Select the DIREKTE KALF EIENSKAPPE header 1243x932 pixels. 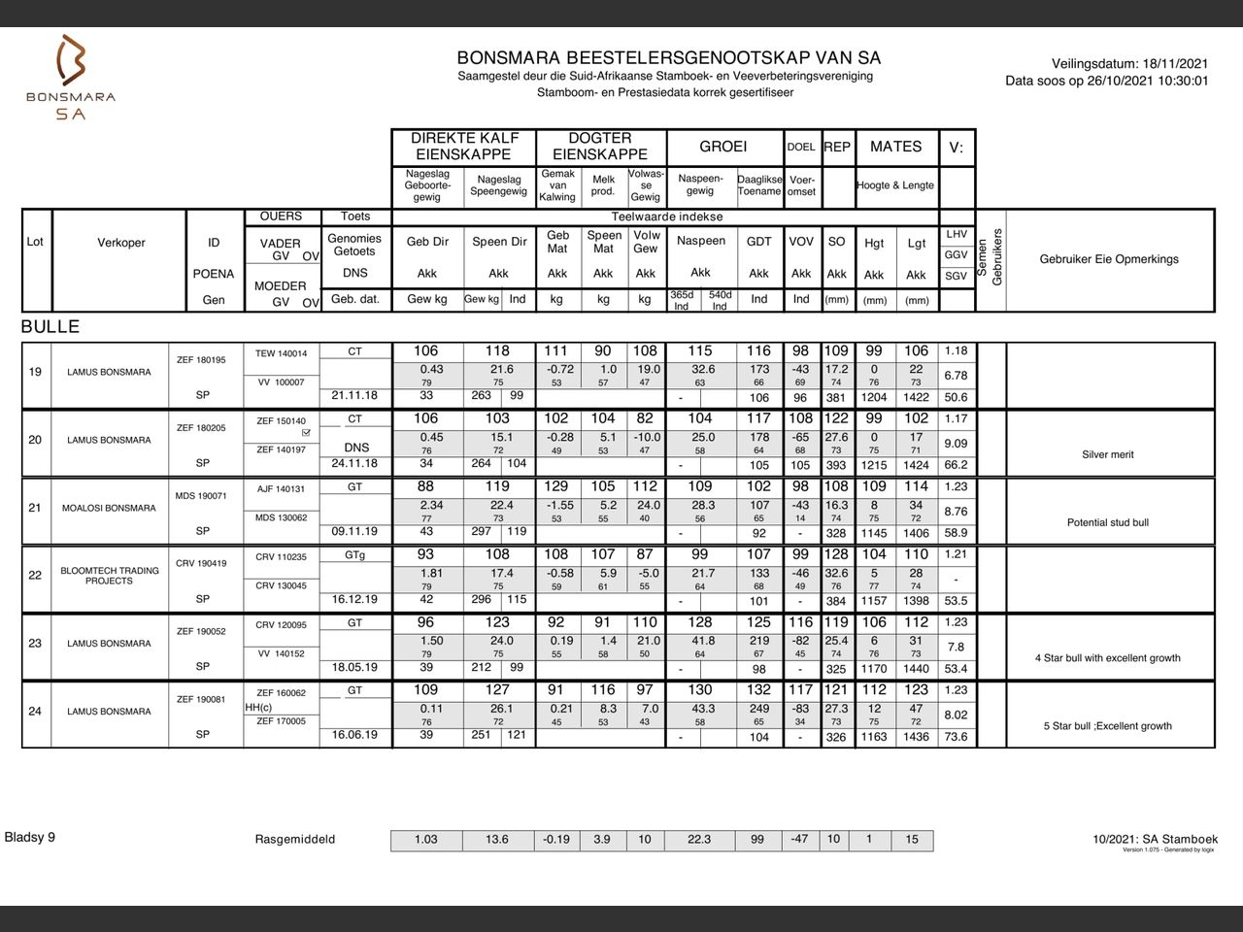click(464, 147)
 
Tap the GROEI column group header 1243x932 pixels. click(723, 147)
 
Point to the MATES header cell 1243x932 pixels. click(895, 147)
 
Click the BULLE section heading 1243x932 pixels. click(50, 327)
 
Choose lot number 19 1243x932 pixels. click(35, 372)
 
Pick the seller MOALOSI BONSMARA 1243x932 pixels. click(109, 508)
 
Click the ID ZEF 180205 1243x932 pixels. click(201, 428)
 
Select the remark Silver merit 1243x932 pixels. click(1108, 454)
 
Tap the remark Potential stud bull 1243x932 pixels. click(1108, 522)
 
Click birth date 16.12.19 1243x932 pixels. click(354, 599)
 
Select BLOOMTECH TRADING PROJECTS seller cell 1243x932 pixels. click(109, 576)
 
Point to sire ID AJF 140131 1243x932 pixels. click(281, 489)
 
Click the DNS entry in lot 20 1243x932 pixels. click(355, 448)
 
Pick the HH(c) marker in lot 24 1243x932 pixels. click(258, 708)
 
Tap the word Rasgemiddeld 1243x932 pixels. click(295, 840)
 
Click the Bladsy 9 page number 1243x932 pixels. click(30, 837)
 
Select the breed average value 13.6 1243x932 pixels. click(496, 840)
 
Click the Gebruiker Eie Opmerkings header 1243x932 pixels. click(1109, 259)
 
